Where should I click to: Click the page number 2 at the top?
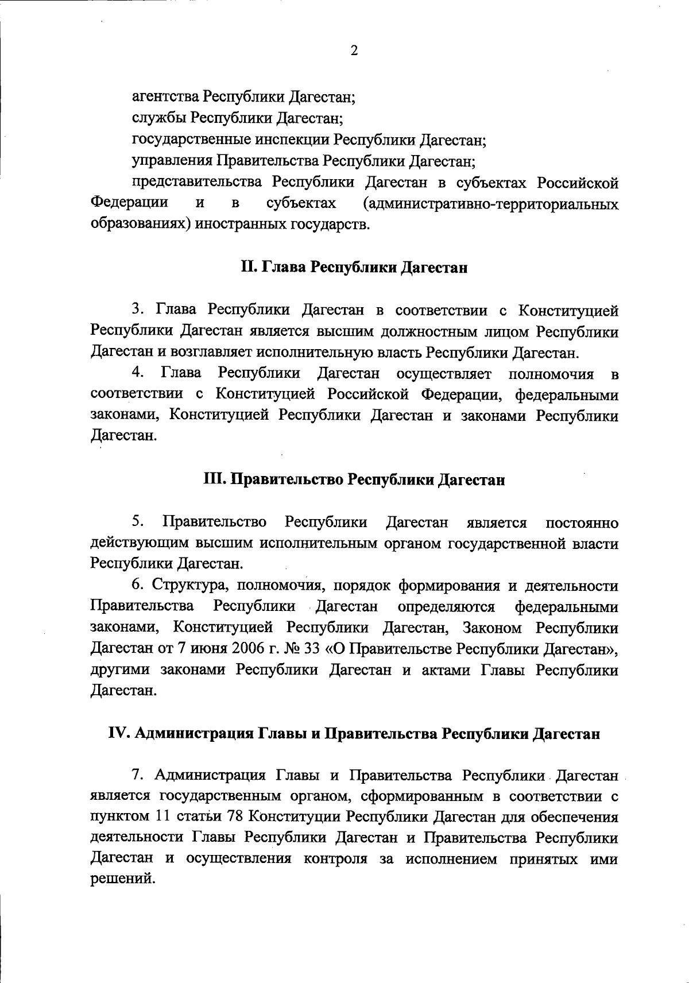tap(354, 51)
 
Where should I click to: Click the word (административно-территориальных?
tap(491, 204)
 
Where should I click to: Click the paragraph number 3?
tap(137, 310)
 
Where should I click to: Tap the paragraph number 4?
tap(137, 374)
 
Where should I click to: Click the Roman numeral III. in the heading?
tap(215, 480)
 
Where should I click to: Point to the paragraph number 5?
tap(137, 522)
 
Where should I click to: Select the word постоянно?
tap(582, 523)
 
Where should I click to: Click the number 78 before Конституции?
tap(237, 817)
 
